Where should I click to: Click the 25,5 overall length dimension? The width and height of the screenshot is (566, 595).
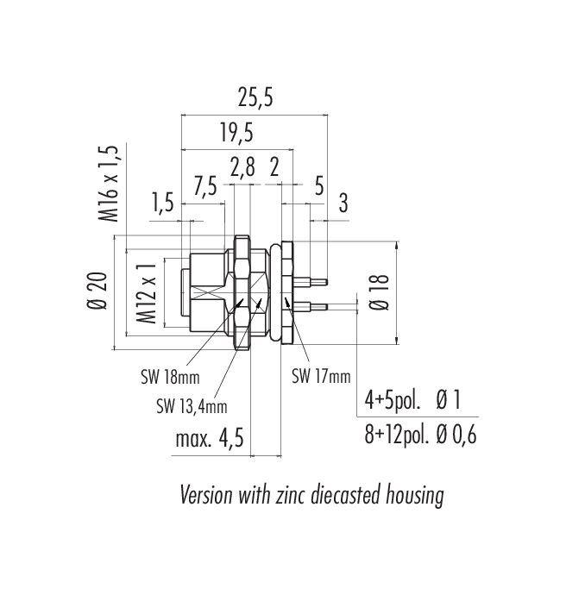pyautogui.click(x=255, y=97)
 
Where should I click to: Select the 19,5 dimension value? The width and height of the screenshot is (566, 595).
pyautogui.click(x=236, y=133)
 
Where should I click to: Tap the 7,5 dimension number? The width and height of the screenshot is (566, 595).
pyautogui.click(x=205, y=186)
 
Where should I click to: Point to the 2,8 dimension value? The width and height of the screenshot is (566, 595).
pyautogui.click(x=242, y=167)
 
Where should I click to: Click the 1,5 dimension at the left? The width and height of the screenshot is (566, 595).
pyautogui.click(x=163, y=203)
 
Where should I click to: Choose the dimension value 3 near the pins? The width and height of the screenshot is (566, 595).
pyautogui.click(x=343, y=203)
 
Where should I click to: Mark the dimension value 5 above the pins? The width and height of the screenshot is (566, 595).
pyautogui.click(x=319, y=186)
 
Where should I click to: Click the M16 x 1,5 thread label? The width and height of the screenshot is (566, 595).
pyautogui.click(x=109, y=184)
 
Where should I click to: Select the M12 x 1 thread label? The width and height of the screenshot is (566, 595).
pyautogui.click(x=146, y=293)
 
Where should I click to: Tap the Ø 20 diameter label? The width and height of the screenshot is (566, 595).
pyautogui.click(x=97, y=291)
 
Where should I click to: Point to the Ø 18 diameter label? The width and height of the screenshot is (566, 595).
pyautogui.click(x=380, y=291)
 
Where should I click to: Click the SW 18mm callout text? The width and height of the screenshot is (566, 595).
pyautogui.click(x=170, y=377)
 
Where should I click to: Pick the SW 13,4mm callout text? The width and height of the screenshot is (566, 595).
pyautogui.click(x=192, y=407)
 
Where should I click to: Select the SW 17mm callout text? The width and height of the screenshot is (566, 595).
pyautogui.click(x=321, y=377)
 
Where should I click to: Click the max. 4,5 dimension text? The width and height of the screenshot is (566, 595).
pyautogui.click(x=210, y=439)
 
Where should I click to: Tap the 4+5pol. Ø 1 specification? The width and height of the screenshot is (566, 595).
pyautogui.click(x=412, y=400)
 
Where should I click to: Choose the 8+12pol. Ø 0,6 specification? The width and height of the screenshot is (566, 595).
pyautogui.click(x=420, y=435)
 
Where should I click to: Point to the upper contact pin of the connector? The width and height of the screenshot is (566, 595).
pyautogui.click(x=310, y=282)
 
